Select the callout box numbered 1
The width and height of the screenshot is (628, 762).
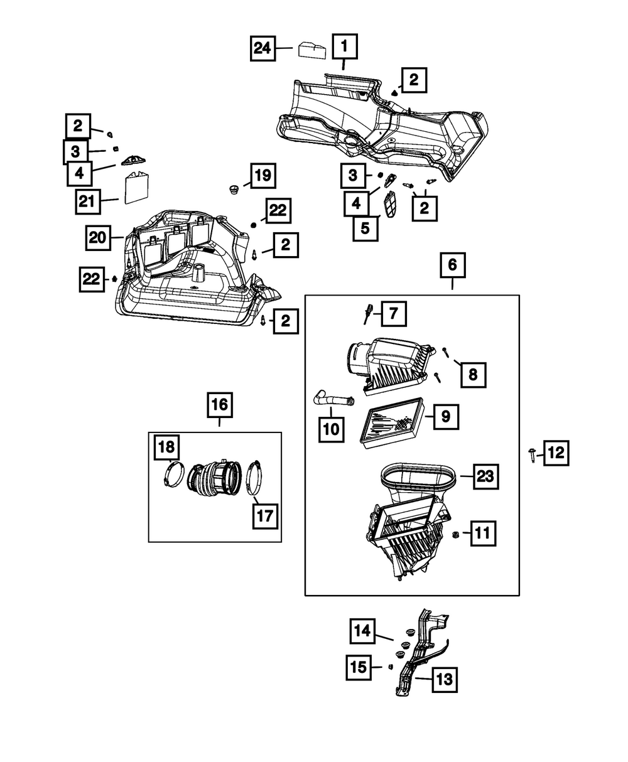click(344, 46)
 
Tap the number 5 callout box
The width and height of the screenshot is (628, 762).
click(365, 228)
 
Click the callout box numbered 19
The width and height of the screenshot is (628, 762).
click(263, 176)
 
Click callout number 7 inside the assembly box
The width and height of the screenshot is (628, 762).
click(392, 313)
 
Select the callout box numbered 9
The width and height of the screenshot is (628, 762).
click(445, 416)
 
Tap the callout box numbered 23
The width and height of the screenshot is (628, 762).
click(484, 477)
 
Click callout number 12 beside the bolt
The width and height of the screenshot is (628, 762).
click(556, 453)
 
